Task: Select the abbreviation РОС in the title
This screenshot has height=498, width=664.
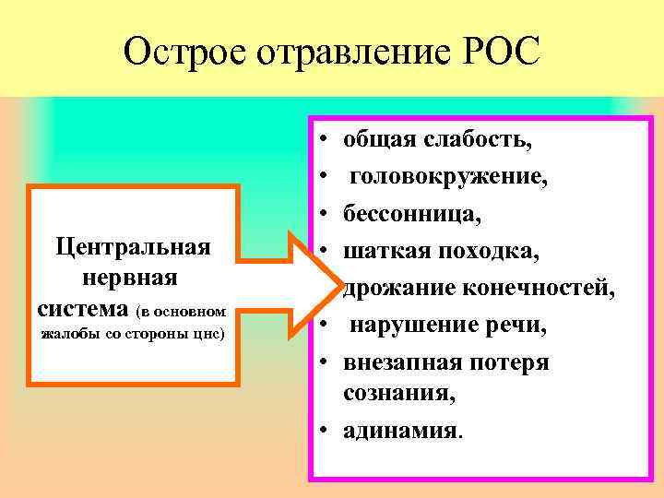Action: [495, 52]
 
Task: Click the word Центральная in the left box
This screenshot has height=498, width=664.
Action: [134, 246]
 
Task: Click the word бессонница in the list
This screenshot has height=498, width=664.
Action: [410, 213]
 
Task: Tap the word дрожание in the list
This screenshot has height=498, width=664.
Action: [396, 289]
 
